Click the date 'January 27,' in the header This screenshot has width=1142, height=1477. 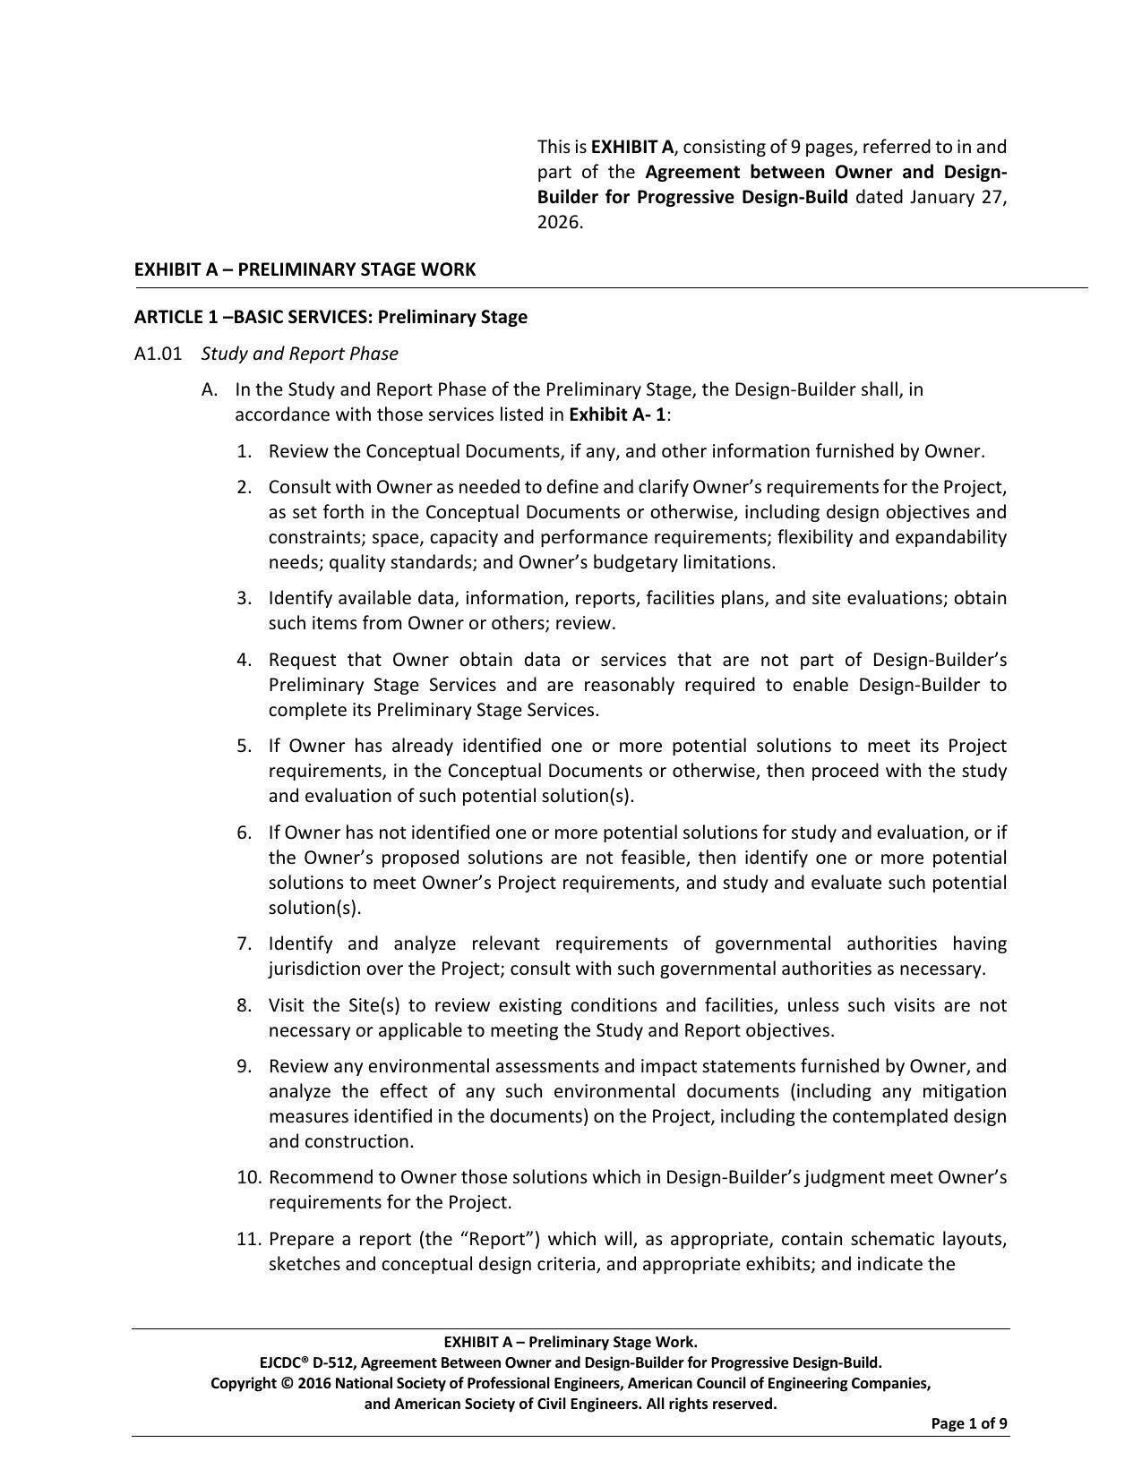[x=957, y=197]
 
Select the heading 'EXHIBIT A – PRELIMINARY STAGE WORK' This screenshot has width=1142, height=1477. [x=305, y=269]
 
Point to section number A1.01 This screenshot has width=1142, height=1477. [x=158, y=354]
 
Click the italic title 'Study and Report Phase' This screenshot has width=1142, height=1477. [x=299, y=354]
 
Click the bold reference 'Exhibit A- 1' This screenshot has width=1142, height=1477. [x=617, y=414]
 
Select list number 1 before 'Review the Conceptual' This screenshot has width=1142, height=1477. [x=245, y=451]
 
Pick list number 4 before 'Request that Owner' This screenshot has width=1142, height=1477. [x=245, y=660]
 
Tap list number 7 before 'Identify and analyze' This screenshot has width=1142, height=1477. [x=245, y=943]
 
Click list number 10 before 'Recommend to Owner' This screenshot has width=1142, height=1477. [x=248, y=1177]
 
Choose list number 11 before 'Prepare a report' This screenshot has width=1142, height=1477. [x=248, y=1239]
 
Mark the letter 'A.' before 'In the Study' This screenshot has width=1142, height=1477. [x=210, y=389]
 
